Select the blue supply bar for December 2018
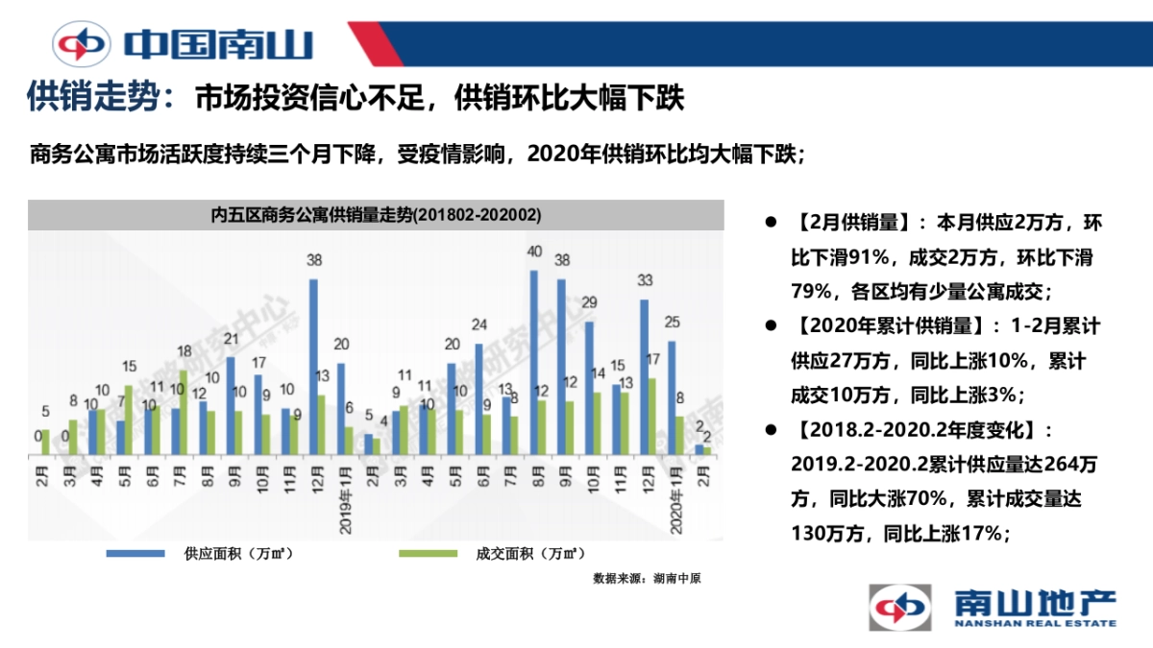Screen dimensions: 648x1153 coord(313,366)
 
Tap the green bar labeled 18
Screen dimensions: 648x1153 coord(184,412)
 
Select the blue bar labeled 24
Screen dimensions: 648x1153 coord(478,397)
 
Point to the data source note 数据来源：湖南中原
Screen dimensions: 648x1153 coord(647,579)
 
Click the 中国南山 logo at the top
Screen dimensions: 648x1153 coord(183,44)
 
